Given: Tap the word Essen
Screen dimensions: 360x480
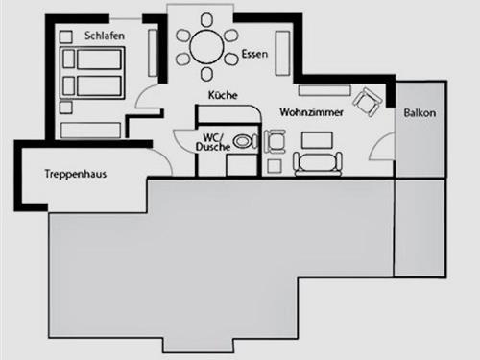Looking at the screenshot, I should point(253,54).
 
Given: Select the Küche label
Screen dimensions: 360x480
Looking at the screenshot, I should point(222,94).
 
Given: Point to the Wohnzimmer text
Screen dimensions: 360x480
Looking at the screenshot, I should point(305,112).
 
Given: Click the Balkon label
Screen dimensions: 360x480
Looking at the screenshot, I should point(420,113).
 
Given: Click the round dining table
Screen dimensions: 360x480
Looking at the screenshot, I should point(206,44).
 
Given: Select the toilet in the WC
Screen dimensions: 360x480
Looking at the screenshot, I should point(247,140).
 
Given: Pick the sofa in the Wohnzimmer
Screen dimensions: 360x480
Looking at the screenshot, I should point(317,164).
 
